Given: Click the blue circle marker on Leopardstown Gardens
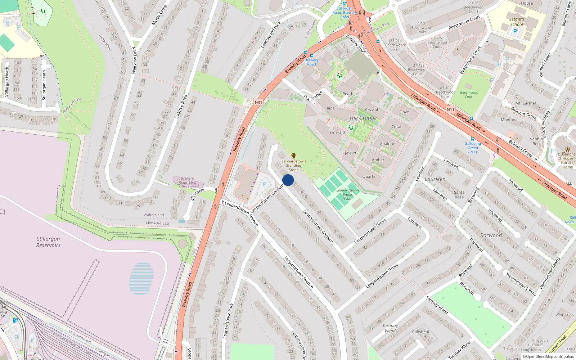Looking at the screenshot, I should [288, 180].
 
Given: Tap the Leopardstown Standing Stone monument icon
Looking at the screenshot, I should [294, 156].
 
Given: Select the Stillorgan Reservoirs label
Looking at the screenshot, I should [48, 242].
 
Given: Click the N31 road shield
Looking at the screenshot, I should [258, 103].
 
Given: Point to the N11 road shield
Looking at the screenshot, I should [450, 109].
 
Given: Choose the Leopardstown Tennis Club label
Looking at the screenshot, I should [347, 194].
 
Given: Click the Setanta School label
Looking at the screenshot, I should [517, 22].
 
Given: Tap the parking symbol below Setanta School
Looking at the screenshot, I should [515, 31].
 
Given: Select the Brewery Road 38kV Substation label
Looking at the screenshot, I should [188, 183].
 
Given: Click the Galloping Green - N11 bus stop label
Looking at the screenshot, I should [473, 148].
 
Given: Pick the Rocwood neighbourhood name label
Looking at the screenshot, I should [491, 235].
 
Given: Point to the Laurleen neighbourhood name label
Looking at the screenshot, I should [435, 179].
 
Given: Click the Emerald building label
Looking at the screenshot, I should [337, 132].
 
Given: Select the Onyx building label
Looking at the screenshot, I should [404, 112].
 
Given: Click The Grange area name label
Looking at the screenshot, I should [363, 118].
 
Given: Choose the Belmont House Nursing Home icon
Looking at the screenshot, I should [568, 149].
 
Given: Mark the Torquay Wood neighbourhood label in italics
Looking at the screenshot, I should [390, 328].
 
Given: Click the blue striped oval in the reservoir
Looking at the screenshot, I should [141, 279].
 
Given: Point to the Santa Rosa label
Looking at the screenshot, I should [459, 194].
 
